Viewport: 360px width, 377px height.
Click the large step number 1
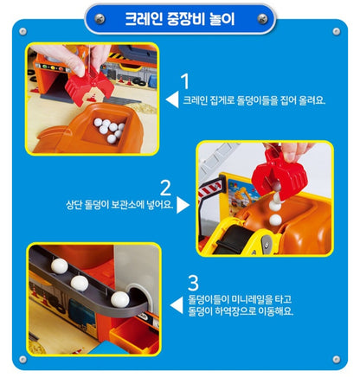point(184,82)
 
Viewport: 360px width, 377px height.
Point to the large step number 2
point(167,187)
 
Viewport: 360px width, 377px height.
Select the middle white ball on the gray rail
point(80,281)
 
